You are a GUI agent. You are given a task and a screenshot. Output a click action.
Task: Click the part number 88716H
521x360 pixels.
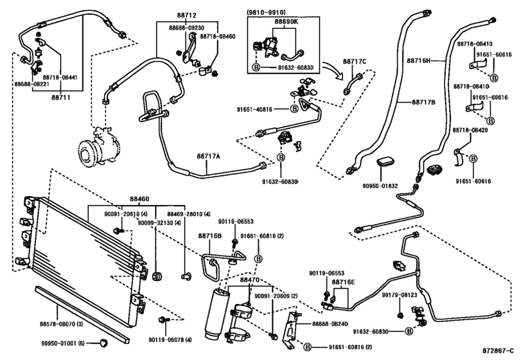click(x=418, y=61)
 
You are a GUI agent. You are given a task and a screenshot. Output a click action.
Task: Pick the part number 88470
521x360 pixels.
click(x=250, y=280)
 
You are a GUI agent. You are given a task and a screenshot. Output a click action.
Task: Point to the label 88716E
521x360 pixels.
click(x=344, y=282)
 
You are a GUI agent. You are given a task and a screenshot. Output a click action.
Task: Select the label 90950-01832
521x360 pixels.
click(x=380, y=186)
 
